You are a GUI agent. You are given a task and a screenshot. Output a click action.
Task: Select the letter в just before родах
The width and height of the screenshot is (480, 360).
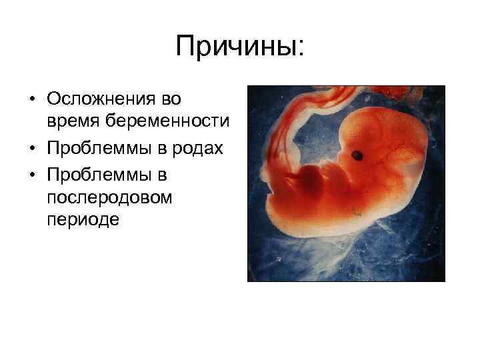coord(167,148)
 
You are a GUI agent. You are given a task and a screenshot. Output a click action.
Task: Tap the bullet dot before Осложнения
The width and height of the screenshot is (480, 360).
coord(33,100)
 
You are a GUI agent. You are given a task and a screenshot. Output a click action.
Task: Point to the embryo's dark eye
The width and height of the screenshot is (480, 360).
coord(358,156)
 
